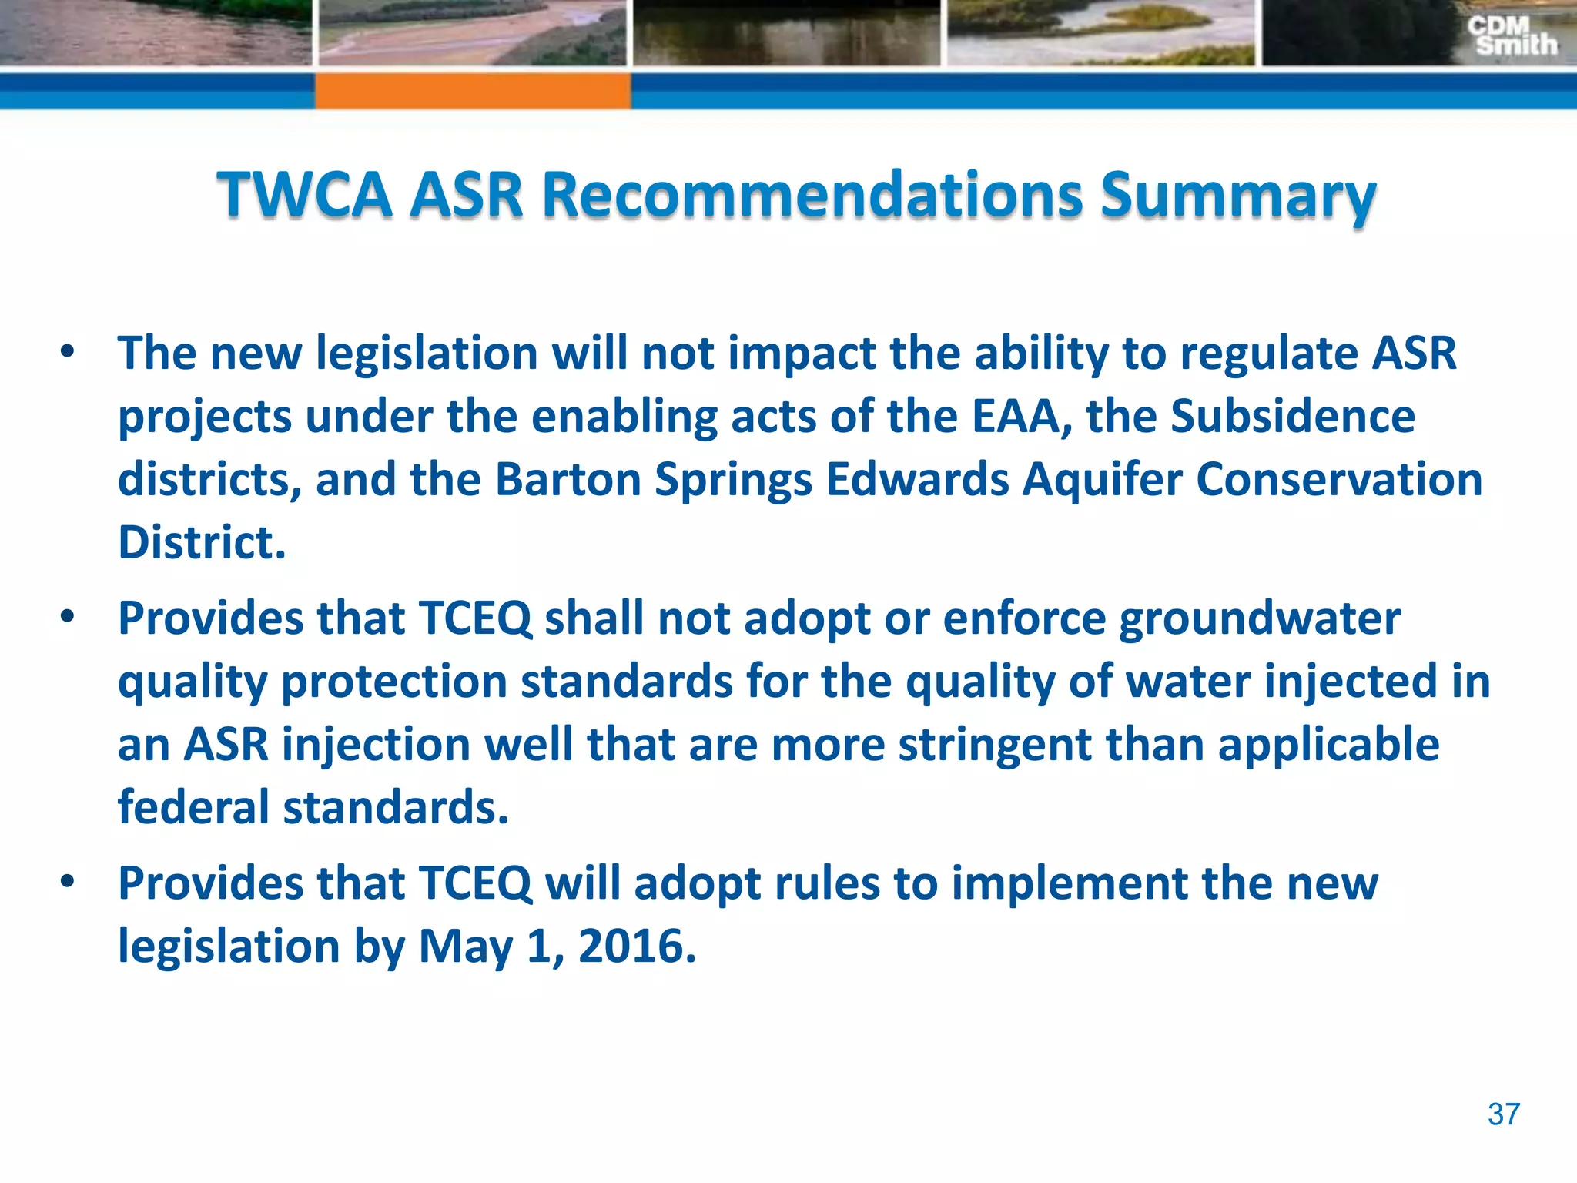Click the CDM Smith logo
1511,36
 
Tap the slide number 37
1503,1114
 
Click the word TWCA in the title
304,194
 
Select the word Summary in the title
1237,196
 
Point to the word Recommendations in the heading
811,194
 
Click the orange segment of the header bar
472,91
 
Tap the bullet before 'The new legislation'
68,352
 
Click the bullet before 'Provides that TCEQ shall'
68,617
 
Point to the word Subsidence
1293,416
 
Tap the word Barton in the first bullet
568,479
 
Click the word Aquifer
1103,481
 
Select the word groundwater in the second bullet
1259,619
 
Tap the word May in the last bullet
464,947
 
